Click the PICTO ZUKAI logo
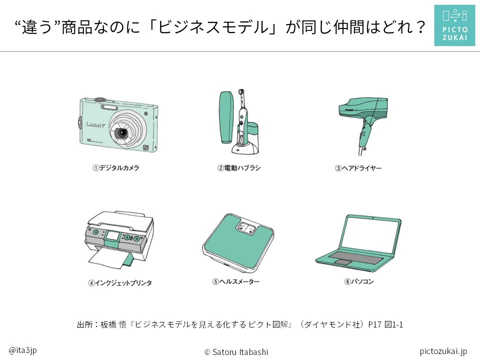(454, 25)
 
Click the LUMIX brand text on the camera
(95, 124)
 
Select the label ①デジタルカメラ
(115, 168)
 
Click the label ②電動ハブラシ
(239, 168)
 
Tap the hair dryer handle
(365, 134)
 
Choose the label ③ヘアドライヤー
(358, 168)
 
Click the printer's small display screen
(112, 235)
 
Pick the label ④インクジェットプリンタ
(120, 283)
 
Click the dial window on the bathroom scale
(246, 227)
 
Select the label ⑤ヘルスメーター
(235, 281)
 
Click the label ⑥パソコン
(359, 281)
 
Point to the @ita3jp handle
(22, 350)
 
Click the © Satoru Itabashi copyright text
(236, 352)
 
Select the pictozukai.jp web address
(443, 351)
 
